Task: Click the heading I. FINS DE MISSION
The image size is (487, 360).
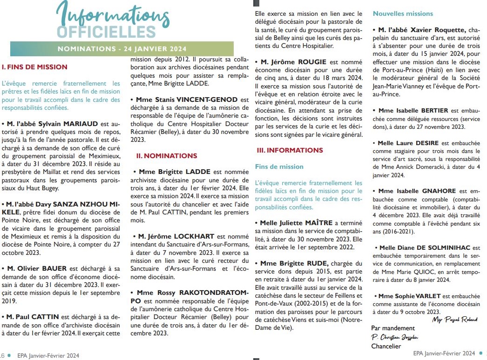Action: coord(34,67)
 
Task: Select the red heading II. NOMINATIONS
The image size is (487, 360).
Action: coord(167,156)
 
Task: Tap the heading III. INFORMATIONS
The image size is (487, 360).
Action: coord(290,150)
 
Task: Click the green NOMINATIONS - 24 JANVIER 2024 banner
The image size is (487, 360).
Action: coord(122,49)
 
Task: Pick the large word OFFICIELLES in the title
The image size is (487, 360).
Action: coord(106,31)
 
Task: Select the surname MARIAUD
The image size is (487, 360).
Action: coord(80,124)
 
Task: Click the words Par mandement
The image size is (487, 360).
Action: coord(392,328)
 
